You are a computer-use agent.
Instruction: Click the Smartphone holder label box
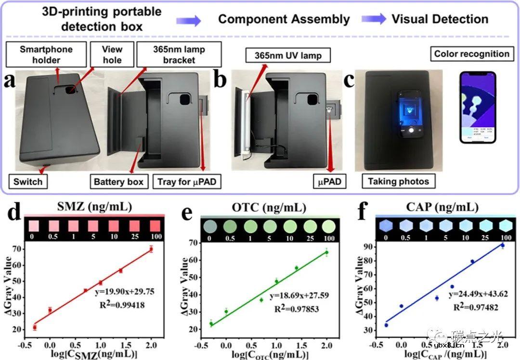pyautogui.click(x=47, y=54)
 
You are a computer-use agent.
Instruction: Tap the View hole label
pyautogui.click(x=112, y=54)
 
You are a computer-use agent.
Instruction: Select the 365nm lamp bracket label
pyautogui.click(x=179, y=54)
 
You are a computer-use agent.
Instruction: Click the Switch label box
pyautogui.click(x=28, y=182)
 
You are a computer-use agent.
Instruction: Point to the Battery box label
pyautogui.click(x=118, y=182)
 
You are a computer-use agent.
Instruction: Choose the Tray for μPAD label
pyautogui.click(x=184, y=182)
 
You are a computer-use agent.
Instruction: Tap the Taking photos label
pyautogui.click(x=398, y=182)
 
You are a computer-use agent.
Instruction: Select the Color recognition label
pyautogui.click(x=471, y=53)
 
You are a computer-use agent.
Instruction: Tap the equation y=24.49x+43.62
pyautogui.click(x=478, y=294)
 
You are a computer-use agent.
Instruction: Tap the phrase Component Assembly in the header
pyautogui.click(x=284, y=19)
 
